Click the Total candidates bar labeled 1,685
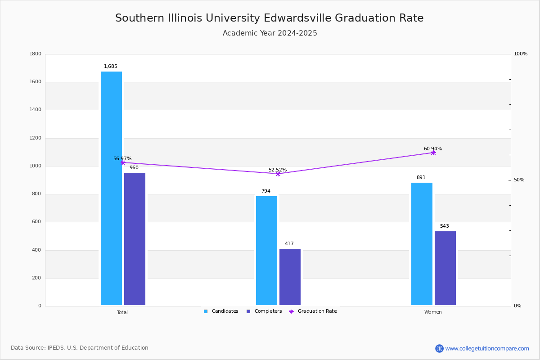[112, 188]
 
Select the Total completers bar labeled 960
[135, 239]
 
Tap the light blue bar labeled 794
[266, 251]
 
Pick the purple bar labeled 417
[290, 277]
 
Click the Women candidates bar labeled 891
[422, 244]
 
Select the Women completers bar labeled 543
[445, 268]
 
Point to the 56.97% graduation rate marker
[123, 162]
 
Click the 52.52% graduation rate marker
[278, 174]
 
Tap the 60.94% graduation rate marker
[433, 153]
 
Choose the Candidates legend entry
[221, 311]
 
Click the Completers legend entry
[264, 311]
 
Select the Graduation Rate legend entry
[313, 311]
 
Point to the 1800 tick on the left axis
[36, 54]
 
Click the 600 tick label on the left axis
[36, 221]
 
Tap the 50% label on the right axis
[519, 180]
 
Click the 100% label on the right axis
[521, 54]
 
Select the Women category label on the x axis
[433, 312]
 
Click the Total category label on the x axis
[122, 312]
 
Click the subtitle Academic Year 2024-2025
[270, 33]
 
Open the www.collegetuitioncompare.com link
[487, 348]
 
